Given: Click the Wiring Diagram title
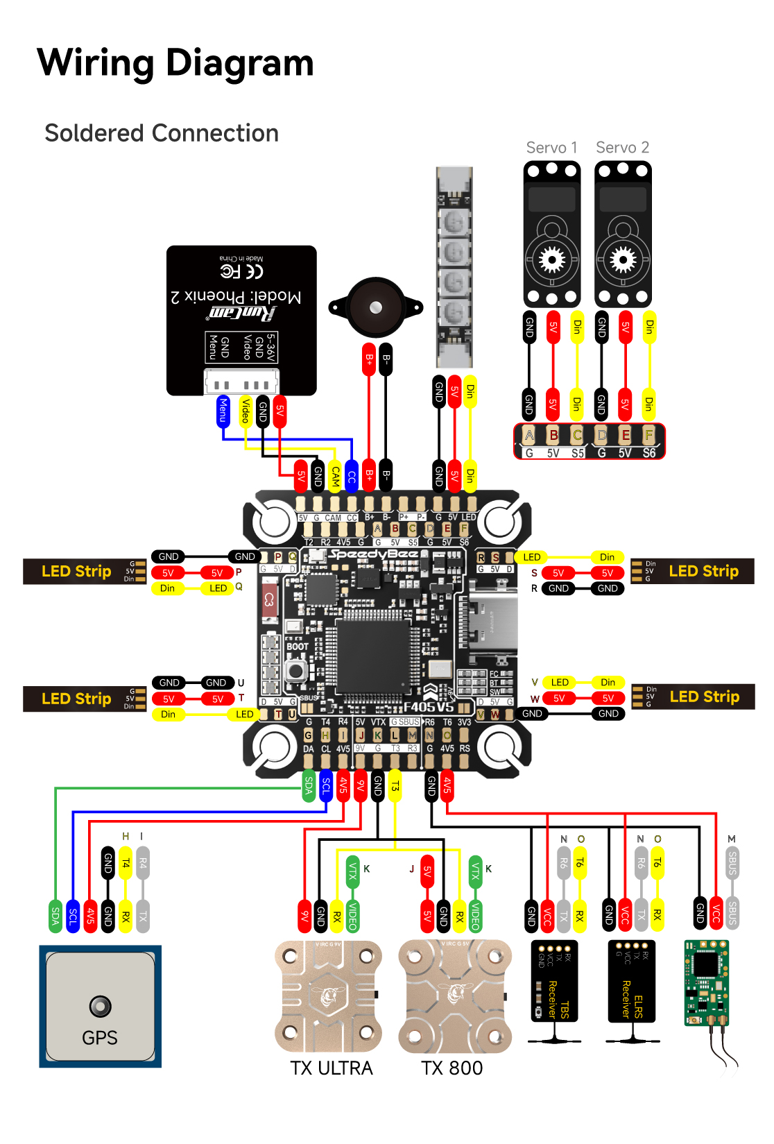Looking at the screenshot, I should click(175, 62).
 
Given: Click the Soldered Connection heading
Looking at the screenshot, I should click(162, 133).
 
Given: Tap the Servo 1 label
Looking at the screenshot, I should click(551, 148).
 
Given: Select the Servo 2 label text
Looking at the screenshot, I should click(622, 148).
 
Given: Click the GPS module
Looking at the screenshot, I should click(100, 1006).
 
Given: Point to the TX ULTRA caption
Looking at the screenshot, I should click(331, 1068).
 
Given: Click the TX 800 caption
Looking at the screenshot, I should click(452, 1068).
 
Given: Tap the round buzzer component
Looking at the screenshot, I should click(375, 307).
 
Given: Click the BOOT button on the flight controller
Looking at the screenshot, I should click(296, 670).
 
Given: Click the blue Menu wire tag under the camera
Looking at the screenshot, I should click(223, 410).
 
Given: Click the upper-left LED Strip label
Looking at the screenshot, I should click(76, 572).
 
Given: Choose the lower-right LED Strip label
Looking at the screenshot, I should click(704, 697).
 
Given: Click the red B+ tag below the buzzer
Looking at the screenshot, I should click(369, 359).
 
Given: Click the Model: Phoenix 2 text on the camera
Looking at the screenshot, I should click(237, 297).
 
